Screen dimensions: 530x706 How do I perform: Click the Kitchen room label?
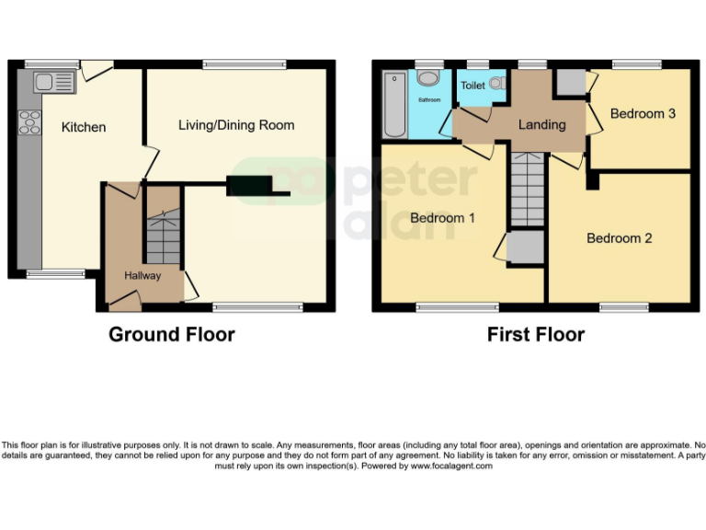click(84, 127)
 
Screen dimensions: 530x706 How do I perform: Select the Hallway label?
click(142, 275)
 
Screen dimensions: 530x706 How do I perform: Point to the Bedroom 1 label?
click(442, 218)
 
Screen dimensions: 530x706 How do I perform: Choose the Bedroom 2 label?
click(619, 238)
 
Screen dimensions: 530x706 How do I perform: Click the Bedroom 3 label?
click(643, 113)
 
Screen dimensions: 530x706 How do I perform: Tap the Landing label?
click(541, 124)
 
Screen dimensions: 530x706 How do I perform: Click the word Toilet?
click(473, 86)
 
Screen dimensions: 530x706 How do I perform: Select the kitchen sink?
click(53, 84)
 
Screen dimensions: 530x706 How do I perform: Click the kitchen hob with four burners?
click(29, 121)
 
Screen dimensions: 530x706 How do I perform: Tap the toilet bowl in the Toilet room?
click(496, 84)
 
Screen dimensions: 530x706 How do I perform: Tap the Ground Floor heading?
click(172, 335)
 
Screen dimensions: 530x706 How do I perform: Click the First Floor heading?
click(535, 335)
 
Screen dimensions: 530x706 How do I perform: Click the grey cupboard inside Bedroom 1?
click(526, 248)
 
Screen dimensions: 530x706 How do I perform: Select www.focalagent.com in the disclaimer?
click(450, 466)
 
